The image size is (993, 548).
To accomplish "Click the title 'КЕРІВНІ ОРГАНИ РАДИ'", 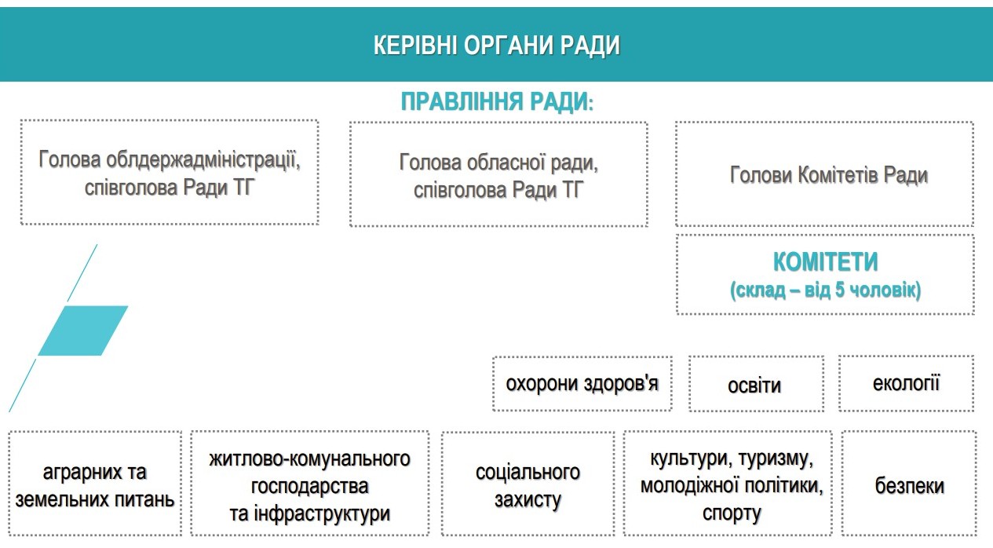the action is pos(496,46).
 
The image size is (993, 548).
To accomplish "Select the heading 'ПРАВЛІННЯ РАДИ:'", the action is pos(497,101).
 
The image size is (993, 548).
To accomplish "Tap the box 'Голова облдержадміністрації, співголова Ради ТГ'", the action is pos(170,172).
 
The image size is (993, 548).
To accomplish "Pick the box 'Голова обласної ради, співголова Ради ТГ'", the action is pos(498,175).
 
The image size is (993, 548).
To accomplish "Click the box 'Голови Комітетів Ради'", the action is pos(824,174).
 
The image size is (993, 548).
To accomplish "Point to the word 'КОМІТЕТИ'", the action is pos(826,261).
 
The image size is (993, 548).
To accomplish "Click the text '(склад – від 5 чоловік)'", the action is pos(826,290).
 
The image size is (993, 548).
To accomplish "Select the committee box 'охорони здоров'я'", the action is pos(582,383).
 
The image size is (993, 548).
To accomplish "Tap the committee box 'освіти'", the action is pos(756,384).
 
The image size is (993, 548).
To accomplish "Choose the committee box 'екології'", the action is pos(906,383).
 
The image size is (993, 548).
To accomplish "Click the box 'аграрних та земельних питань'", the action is pos(95,484).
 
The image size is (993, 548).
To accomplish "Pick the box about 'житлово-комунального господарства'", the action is pos(310,484).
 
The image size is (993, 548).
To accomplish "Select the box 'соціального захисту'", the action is pos(528,484).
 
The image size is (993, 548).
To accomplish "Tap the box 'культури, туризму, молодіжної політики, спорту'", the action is pos(728,484).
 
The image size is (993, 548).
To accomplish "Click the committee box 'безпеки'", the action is pos(909,484).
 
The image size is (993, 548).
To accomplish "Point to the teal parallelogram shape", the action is pos(83,331).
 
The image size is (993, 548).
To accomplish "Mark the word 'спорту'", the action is pos(732,513).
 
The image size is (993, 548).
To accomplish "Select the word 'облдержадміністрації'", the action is pos(203,159).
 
